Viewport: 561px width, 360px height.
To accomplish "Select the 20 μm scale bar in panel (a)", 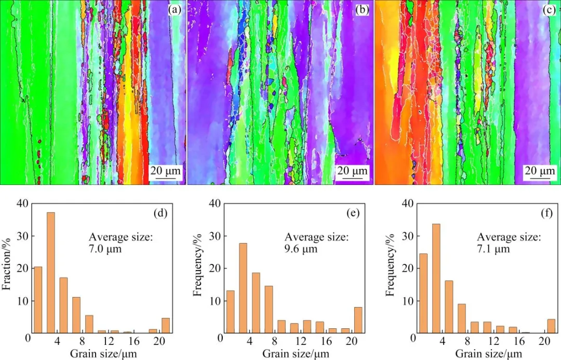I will tap(166, 172).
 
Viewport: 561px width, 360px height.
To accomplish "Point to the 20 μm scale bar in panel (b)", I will tap(353, 172).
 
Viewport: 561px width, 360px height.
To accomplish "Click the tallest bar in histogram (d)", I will tap(51, 272).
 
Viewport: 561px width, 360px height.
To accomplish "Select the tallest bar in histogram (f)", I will tap(436, 278).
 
